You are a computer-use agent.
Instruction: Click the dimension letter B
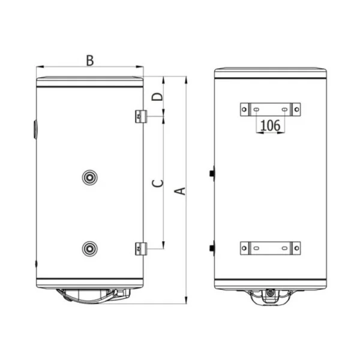pyautogui.click(x=89, y=60)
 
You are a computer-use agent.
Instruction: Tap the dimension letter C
pyautogui.click(x=157, y=184)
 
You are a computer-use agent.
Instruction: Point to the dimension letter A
pyautogui.click(x=178, y=191)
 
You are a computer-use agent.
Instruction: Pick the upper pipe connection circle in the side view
pyautogui.click(x=89, y=176)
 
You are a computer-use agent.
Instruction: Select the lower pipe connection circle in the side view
pyautogui.click(x=89, y=247)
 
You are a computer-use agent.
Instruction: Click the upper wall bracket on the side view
pyautogui.click(x=140, y=116)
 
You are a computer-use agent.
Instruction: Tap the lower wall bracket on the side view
pyautogui.click(x=140, y=247)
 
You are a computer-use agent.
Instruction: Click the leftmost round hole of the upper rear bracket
pyautogui.click(x=244, y=110)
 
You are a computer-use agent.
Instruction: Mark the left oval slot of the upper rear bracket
pyautogui.click(x=257, y=110)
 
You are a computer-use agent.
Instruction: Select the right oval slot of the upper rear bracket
pyautogui.click(x=283, y=110)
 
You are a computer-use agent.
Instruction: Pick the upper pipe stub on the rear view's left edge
pyautogui.click(x=212, y=174)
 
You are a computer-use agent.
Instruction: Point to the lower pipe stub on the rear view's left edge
pyautogui.click(x=212, y=247)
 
